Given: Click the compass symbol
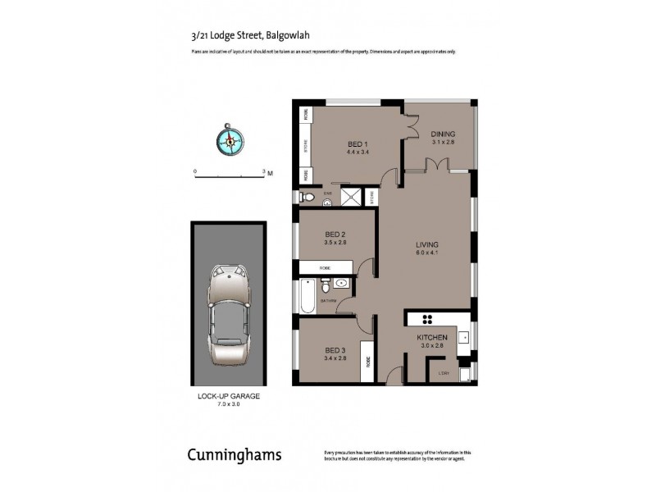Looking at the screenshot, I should (x=230, y=139).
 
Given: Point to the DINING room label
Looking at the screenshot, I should (x=443, y=134).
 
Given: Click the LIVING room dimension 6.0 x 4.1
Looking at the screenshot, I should (x=426, y=253).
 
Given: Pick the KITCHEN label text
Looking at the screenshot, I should (x=432, y=337).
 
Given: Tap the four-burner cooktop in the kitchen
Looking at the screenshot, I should (x=426, y=319).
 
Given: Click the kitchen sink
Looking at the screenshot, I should (x=463, y=337).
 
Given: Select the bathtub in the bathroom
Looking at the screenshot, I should (x=307, y=298).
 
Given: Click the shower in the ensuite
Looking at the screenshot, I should (x=350, y=196).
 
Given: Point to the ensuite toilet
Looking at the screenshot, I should (x=307, y=197).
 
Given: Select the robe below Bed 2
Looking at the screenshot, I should (x=326, y=267).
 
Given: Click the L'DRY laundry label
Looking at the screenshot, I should (x=444, y=374).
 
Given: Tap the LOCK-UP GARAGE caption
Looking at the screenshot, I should (x=229, y=396).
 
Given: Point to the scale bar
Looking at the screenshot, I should (x=230, y=175).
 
